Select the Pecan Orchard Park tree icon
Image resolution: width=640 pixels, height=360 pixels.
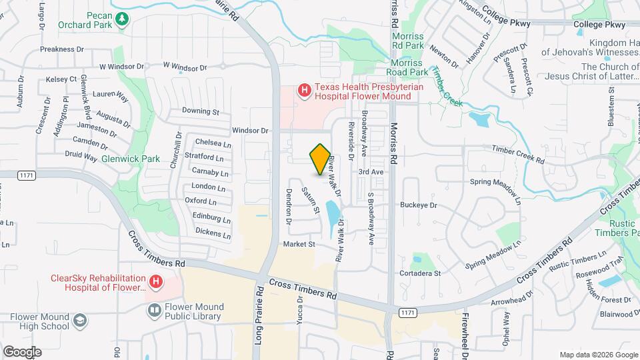(x=121, y=20)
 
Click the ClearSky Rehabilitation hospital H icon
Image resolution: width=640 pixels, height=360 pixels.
(x=155, y=283)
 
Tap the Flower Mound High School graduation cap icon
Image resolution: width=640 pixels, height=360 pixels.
(x=79, y=321)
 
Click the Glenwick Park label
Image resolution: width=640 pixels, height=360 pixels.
(x=131, y=159)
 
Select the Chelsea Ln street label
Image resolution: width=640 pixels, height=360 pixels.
(x=213, y=143)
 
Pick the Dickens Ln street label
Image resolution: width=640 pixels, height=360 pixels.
(x=213, y=233)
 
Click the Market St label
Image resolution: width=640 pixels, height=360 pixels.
(x=299, y=244)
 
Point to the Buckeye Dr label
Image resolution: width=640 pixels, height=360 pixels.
(x=419, y=205)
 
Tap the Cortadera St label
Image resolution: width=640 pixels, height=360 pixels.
(x=419, y=273)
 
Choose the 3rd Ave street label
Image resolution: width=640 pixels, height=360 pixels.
(x=371, y=171)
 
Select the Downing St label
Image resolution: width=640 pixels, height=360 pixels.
(x=201, y=111)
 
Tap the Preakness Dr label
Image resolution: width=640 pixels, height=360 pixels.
(x=62, y=49)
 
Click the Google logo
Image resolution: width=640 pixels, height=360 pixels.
(x=22, y=351)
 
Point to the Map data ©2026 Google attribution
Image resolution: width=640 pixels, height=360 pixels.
(x=598, y=354)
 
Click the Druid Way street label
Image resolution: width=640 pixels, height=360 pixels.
(x=81, y=157)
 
